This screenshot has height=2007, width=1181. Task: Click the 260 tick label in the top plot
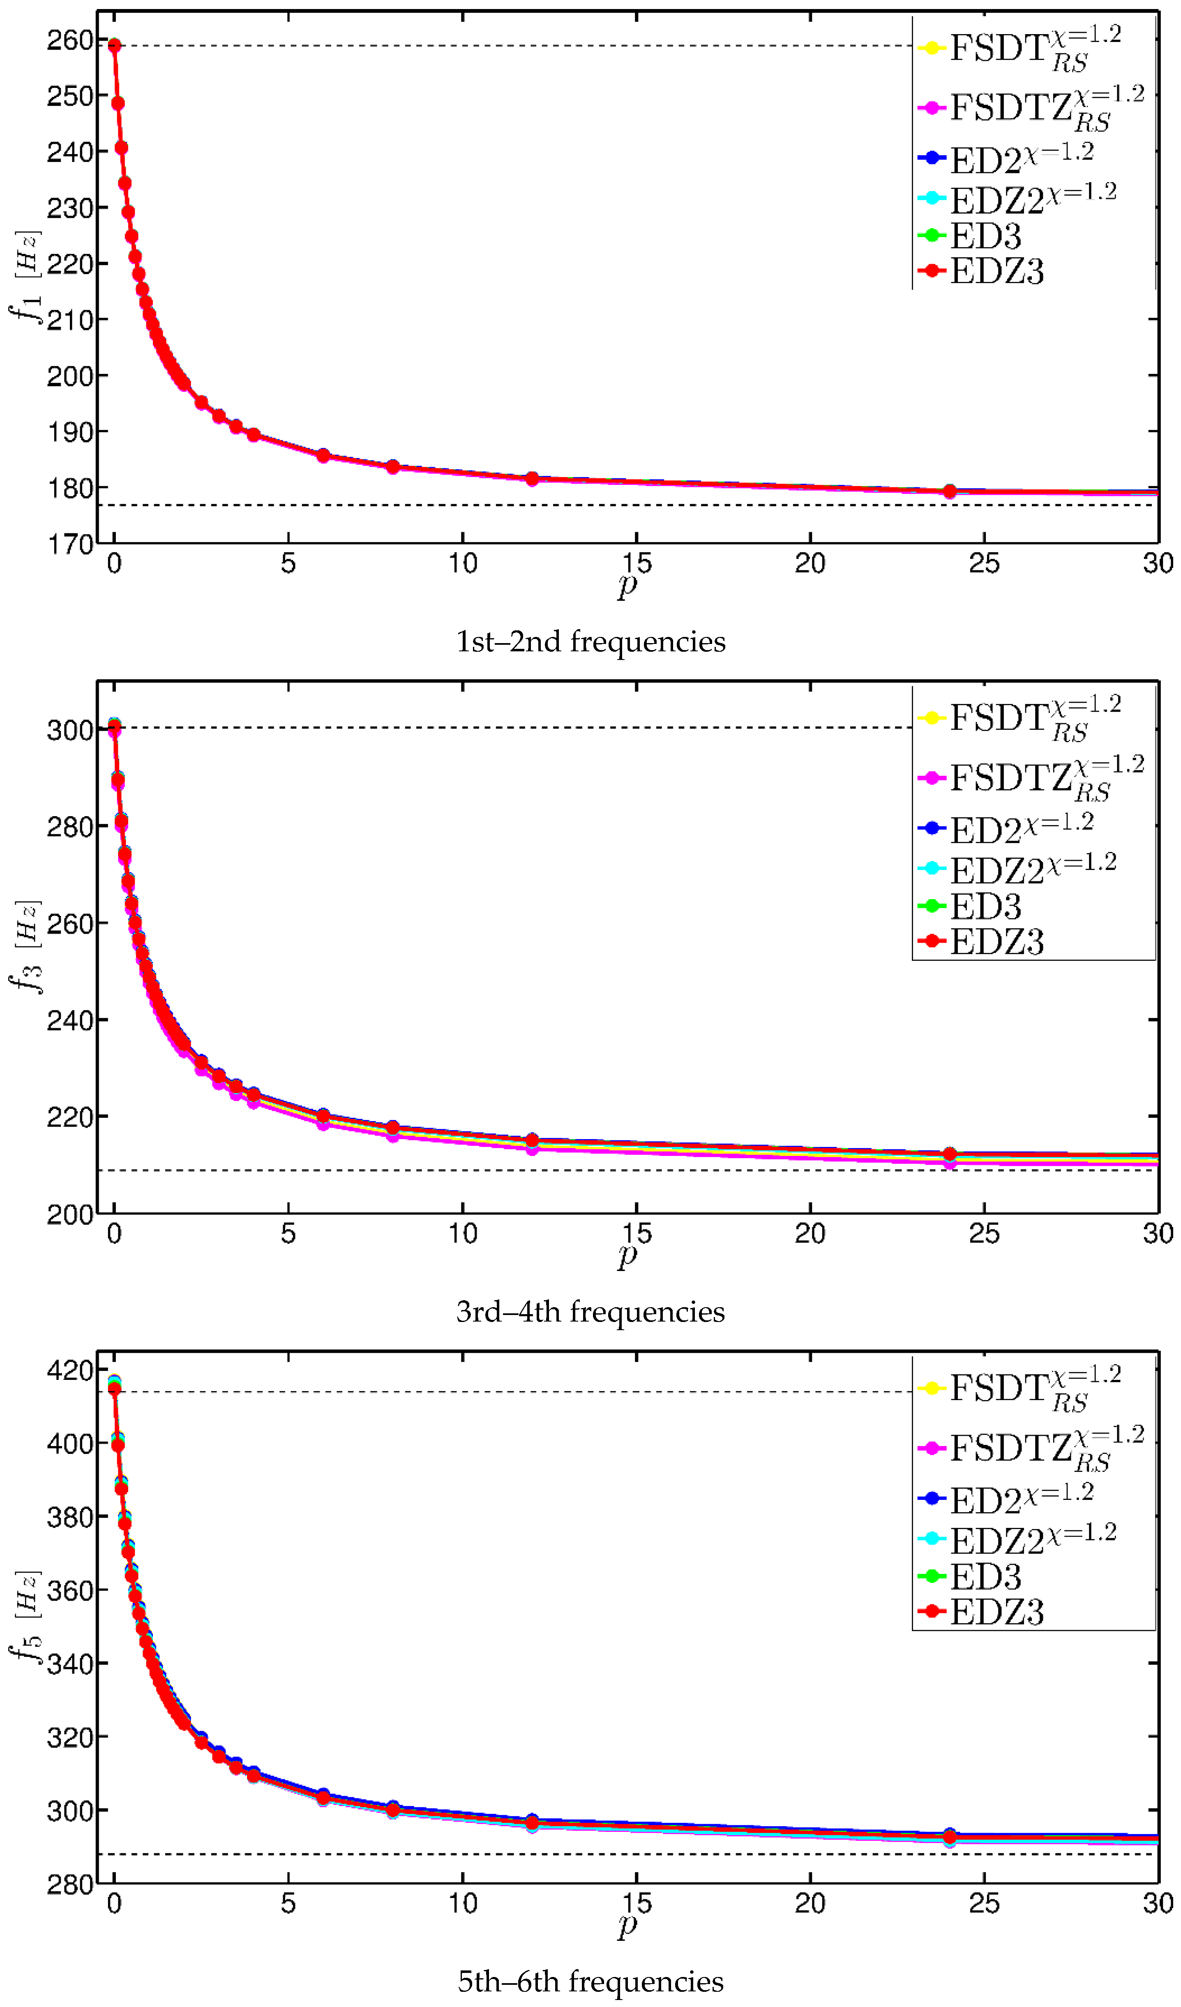click(70, 40)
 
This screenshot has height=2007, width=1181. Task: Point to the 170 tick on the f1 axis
click(70, 545)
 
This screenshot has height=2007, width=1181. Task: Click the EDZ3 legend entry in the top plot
click(995, 272)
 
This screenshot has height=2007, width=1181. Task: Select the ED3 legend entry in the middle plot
click(985, 907)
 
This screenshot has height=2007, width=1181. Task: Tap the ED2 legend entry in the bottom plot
click(1005, 1500)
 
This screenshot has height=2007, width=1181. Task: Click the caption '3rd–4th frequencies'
click(590, 1312)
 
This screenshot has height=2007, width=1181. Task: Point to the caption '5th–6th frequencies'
click(590, 1981)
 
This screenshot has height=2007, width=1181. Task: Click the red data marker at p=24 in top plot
click(949, 491)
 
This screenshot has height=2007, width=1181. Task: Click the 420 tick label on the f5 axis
click(70, 1370)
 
